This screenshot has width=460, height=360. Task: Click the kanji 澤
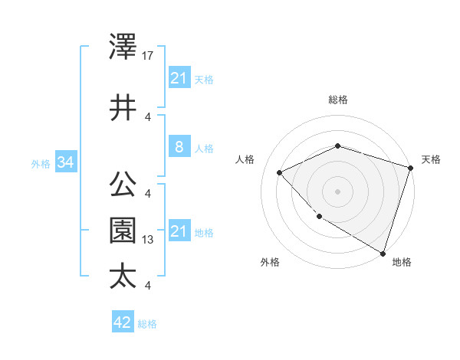tap(123, 47)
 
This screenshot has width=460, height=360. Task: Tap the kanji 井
tap(123, 108)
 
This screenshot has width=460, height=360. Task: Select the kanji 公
tap(123, 185)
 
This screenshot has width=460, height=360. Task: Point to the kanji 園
tap(123, 231)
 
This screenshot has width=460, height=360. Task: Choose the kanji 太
tap(123, 277)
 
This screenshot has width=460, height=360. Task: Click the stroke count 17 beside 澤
tap(148, 55)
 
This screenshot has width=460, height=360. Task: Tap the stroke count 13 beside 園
tap(148, 240)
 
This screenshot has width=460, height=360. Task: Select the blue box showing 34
tap(65, 162)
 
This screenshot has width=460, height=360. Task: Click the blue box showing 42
tap(123, 322)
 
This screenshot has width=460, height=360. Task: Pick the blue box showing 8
tap(179, 147)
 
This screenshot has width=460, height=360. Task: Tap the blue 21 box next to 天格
tap(179, 78)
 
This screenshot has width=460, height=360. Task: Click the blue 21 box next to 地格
tap(179, 231)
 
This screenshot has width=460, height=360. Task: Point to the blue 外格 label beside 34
tap(41, 163)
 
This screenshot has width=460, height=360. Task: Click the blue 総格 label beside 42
tap(147, 324)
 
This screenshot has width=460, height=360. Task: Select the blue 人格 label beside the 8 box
tap(204, 148)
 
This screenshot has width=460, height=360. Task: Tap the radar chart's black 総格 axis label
tap(338, 100)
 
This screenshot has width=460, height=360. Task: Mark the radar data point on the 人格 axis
tap(281, 173)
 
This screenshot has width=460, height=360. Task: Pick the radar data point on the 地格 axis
tap(383, 252)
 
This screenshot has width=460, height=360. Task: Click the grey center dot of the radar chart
tap(338, 191)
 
